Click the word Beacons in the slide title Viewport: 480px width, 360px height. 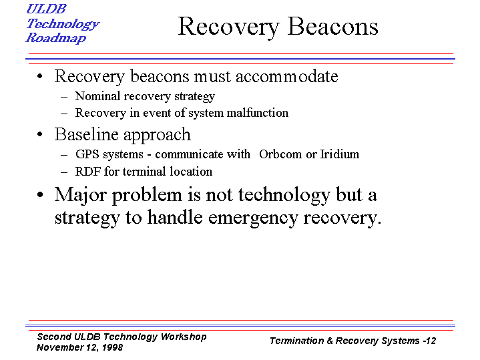333,27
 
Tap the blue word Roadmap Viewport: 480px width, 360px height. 55,38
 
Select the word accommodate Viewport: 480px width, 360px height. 287,76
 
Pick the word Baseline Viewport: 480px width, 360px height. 87,134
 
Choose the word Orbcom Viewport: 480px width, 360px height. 280,154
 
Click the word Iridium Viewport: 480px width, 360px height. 340,154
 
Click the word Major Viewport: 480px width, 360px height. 80,195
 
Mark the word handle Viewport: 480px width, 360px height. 175,217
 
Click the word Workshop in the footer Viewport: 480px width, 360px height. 184,337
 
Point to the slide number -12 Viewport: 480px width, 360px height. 429,341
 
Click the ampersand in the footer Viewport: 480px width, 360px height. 330,341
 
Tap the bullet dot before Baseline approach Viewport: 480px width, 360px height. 40,134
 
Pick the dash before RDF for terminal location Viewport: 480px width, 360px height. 64,172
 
